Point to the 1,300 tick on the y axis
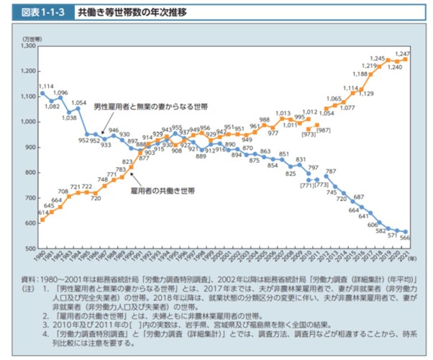(x=27, y=46)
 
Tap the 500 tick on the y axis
(x=29, y=248)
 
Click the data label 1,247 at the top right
(x=404, y=53)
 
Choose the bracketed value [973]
(x=309, y=134)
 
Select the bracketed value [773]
(x=322, y=184)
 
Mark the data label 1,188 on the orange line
(x=360, y=73)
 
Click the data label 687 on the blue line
(x=359, y=197)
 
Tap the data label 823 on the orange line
(x=127, y=161)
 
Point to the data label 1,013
(x=283, y=113)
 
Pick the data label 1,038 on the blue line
(x=70, y=117)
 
